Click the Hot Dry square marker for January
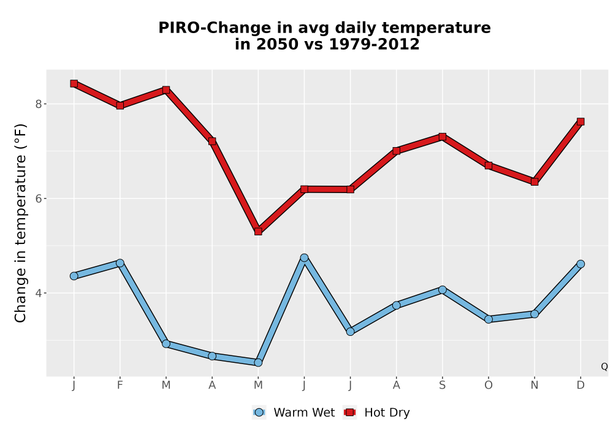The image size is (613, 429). [x=74, y=83]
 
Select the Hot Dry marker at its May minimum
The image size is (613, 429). [x=258, y=231]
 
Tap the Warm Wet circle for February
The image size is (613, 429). [x=120, y=263]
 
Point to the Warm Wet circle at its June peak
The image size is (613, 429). [x=304, y=258]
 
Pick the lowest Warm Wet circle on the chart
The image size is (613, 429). [x=258, y=363]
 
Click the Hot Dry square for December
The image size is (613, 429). [x=581, y=121]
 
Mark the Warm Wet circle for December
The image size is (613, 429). [x=581, y=264]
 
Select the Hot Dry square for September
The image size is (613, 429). [x=443, y=137]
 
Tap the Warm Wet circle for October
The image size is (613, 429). [x=489, y=319]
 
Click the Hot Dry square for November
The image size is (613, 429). [x=535, y=181]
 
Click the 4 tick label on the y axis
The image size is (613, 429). [x=38, y=293]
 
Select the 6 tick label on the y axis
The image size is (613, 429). [x=38, y=199]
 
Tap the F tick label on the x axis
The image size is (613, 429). [x=120, y=385]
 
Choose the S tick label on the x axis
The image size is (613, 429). [x=443, y=385]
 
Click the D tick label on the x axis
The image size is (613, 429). [x=581, y=385]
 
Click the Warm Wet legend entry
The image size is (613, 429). [x=294, y=412]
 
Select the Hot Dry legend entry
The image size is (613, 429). [x=376, y=412]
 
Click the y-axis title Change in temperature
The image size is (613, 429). [x=20, y=223]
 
